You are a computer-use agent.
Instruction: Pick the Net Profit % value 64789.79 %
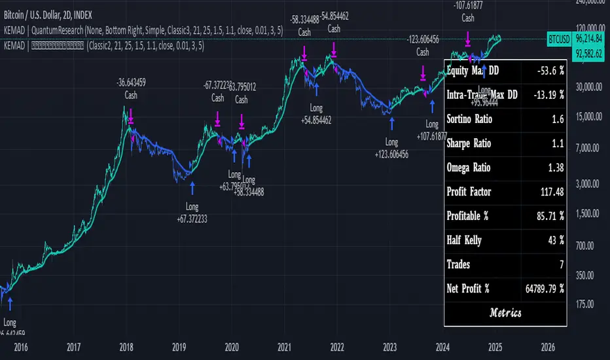coord(541,289)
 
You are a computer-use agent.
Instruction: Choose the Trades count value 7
coord(562,264)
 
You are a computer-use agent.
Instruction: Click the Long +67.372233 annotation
coord(192,213)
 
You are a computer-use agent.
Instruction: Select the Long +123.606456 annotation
coord(391,147)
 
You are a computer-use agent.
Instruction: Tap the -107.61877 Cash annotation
coord(467,12)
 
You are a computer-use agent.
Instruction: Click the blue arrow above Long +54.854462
coord(317,87)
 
